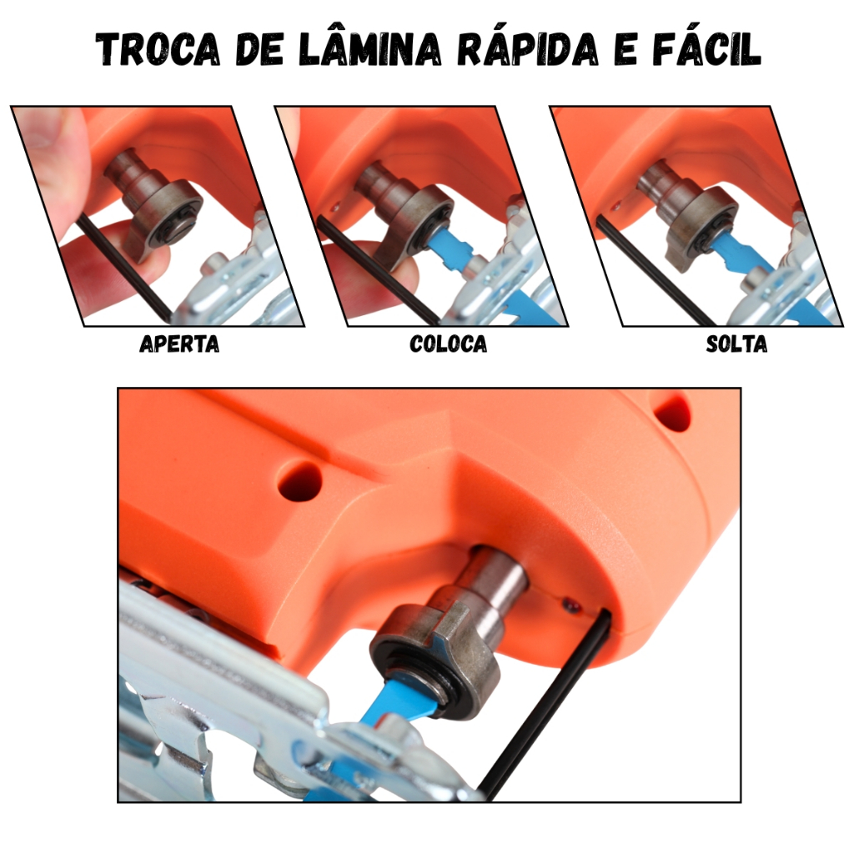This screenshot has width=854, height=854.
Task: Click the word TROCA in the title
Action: coord(158,48)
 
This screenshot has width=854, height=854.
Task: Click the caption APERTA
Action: coord(179,344)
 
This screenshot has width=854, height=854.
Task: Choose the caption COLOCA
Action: coord(448,344)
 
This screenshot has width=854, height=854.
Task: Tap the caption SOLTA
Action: coord(736,344)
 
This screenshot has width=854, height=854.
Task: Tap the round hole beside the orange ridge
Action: coord(299,481)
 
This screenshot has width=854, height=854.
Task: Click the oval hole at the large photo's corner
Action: coord(673,413)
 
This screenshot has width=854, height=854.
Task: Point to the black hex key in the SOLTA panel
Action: coord(654,269)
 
